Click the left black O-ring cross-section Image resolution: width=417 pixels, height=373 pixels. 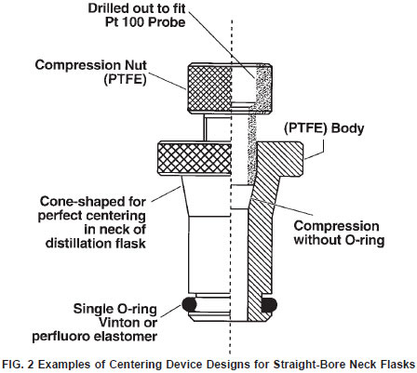point(189,304)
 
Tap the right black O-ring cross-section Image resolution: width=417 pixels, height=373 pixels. point(269,305)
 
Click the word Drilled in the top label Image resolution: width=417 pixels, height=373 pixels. point(108,8)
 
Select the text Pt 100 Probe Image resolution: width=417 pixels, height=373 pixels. point(145,22)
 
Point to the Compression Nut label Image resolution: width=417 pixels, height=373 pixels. point(91,65)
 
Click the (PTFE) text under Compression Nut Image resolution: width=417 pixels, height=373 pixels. point(125,79)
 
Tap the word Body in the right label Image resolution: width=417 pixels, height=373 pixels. point(348,128)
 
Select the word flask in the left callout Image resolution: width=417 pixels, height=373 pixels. point(130,243)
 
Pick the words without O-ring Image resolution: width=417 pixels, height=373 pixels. point(339,240)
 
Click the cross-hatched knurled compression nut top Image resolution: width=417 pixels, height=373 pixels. point(210,88)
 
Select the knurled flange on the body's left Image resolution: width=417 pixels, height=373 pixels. point(195,159)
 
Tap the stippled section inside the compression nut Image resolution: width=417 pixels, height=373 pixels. point(262,89)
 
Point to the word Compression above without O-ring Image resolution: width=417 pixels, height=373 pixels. point(336,226)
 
